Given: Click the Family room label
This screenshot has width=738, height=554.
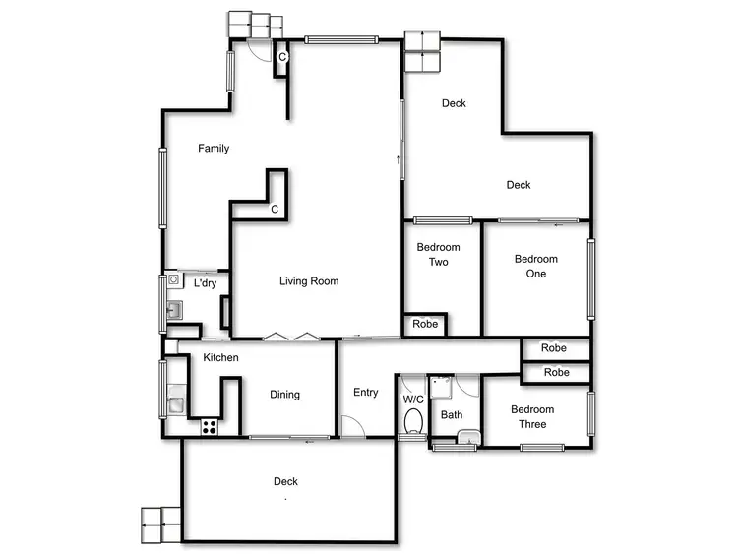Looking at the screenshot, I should (214, 149).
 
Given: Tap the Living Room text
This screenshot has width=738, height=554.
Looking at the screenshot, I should (309, 281).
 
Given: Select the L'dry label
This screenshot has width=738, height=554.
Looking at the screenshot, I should (205, 283).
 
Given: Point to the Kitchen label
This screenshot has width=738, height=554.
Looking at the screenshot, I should (220, 357).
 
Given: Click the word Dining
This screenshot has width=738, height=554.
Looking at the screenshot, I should (284, 395).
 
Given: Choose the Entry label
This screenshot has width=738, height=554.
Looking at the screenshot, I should (365, 393).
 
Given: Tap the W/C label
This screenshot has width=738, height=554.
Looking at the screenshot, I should (412, 399).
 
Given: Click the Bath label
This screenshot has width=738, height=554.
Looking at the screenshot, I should (452, 414).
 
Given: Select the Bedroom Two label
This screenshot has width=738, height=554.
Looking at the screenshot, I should (438, 255).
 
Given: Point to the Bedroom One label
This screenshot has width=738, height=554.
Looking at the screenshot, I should (535, 266).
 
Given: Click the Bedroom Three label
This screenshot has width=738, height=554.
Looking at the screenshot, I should (532, 417).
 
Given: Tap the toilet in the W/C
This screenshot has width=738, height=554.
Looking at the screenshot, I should (413, 422).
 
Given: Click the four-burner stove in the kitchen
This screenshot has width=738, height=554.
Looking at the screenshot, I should (209, 426).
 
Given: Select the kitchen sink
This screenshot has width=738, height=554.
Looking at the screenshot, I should (174, 402).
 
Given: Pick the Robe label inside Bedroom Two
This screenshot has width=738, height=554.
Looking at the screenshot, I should (425, 324).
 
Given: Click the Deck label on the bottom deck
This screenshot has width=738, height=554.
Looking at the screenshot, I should (285, 481).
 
